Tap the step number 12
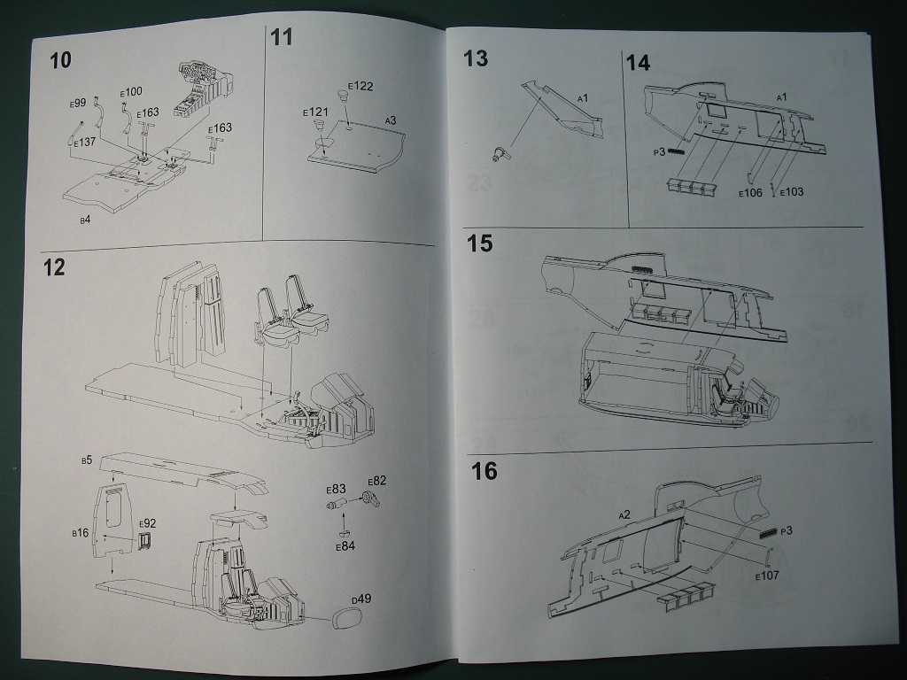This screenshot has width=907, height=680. (54, 267)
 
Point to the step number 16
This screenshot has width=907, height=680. (484, 471)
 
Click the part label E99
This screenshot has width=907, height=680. (77, 104)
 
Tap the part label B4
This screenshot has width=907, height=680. (84, 217)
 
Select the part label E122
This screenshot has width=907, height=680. (360, 86)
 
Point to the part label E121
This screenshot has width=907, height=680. (315, 112)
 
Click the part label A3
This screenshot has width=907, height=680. (390, 120)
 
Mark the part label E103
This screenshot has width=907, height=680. (791, 192)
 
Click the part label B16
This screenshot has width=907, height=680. (80, 533)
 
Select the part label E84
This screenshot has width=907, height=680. (345, 546)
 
